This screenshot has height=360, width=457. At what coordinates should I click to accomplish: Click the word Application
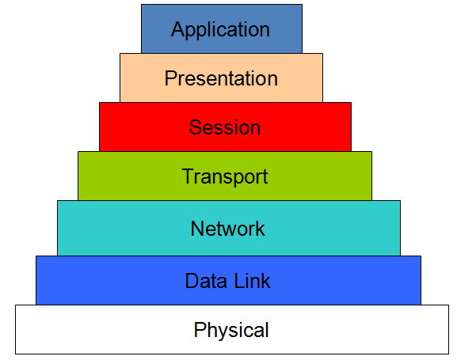220,30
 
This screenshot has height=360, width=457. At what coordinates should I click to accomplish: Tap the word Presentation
221,78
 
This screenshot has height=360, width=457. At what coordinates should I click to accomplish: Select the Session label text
224,127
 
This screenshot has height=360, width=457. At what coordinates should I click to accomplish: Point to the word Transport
225,176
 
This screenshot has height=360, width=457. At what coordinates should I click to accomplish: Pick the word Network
227,229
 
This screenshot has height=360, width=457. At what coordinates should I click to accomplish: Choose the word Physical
231,330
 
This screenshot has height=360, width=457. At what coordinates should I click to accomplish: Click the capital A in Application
177,29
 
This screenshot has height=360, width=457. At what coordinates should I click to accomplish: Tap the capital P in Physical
200,330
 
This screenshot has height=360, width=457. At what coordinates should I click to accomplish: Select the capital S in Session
195,127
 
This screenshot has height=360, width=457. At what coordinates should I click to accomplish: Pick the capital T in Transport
188,176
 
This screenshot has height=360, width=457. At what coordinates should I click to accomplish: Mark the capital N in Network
197,229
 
